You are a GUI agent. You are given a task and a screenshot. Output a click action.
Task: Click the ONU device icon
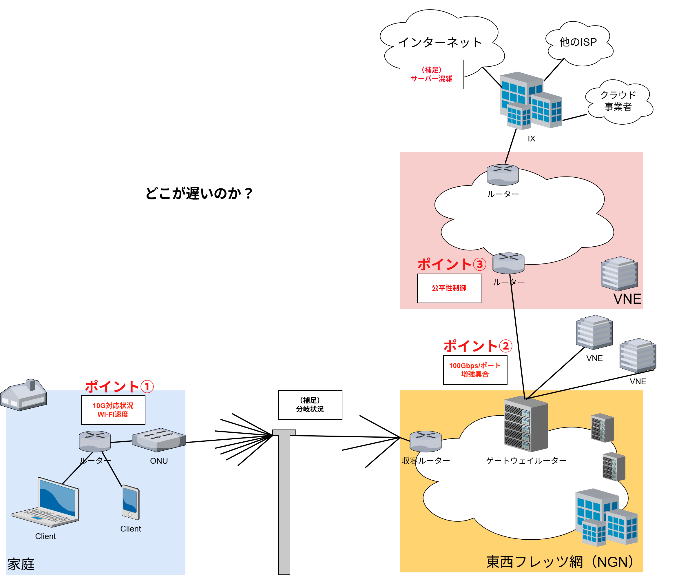(x=159, y=440)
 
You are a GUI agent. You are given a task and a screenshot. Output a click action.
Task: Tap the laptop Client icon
(x=46, y=502)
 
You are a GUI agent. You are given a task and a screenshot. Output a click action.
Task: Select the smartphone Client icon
(x=130, y=502)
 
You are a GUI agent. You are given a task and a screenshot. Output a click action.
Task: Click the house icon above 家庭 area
(x=24, y=394)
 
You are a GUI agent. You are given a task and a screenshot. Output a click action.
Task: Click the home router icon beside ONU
(x=95, y=441)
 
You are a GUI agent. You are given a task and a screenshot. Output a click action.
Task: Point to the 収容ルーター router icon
(x=426, y=441)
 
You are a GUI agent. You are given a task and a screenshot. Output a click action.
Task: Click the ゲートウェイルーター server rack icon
(x=526, y=424)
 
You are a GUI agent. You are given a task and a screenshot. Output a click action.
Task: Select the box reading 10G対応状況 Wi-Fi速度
(x=113, y=410)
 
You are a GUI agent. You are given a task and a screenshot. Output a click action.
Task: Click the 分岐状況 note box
(x=310, y=405)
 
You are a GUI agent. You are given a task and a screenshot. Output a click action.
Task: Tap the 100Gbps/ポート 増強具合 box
(x=475, y=370)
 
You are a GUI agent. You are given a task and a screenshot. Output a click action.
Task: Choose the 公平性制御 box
(x=449, y=288)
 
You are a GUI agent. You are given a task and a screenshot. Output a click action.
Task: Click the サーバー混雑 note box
(x=431, y=74)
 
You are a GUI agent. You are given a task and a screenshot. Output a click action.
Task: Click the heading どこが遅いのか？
(x=199, y=193)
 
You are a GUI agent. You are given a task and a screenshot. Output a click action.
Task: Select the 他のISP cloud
(x=578, y=43)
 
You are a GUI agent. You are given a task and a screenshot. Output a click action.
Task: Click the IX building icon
(x=531, y=100)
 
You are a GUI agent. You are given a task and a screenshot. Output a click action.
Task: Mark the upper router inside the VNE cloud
(x=502, y=174)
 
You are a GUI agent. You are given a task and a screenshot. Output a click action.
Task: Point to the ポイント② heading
(x=477, y=346)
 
